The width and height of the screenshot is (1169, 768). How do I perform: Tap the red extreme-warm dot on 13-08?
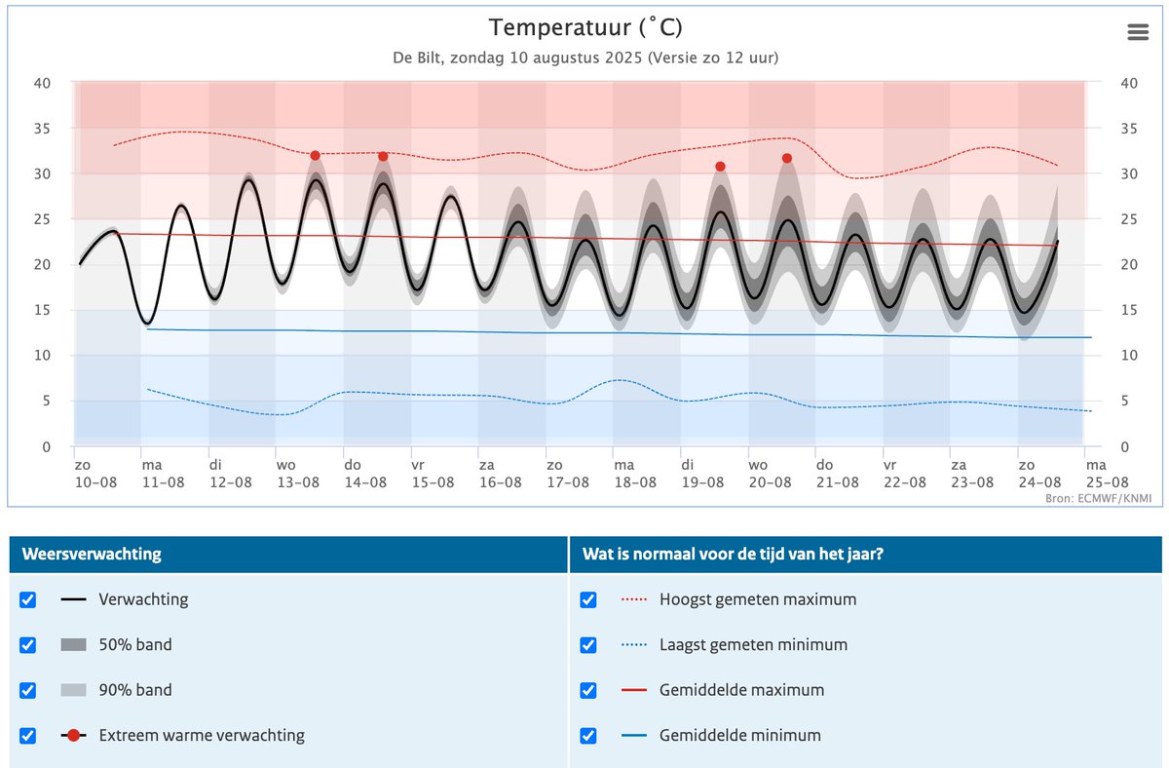(x=315, y=156)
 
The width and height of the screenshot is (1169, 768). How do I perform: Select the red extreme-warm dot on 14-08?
(x=383, y=157)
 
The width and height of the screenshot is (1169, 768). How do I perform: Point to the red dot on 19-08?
(x=720, y=167)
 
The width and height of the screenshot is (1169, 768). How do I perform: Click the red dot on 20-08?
(x=787, y=159)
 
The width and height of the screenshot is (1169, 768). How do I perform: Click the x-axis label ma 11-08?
(x=163, y=474)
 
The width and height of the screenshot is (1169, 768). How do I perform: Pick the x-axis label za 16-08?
(x=500, y=474)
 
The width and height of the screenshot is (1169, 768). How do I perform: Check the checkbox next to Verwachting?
(x=28, y=599)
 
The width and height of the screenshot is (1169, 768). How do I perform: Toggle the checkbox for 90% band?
(x=28, y=690)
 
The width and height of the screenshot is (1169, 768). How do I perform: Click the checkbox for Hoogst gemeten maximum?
(x=588, y=599)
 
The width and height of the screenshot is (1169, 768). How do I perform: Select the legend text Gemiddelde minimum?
(x=739, y=736)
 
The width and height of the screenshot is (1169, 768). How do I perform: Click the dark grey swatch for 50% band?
(x=74, y=645)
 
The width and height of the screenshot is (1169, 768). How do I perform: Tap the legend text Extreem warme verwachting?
(x=202, y=736)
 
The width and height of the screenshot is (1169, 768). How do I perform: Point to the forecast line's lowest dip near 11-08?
(x=147, y=323)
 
